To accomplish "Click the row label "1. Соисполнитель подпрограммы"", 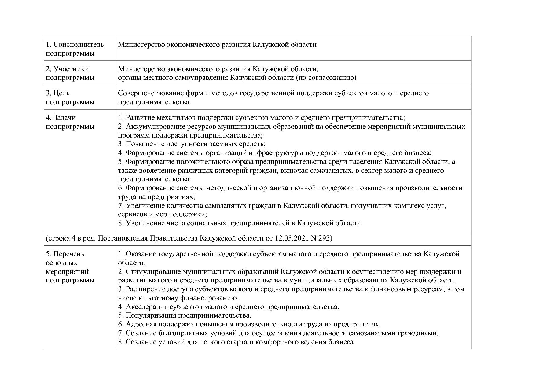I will [75, 49].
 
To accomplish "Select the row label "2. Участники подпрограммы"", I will [70, 73].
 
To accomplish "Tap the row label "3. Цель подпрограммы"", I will [70, 98].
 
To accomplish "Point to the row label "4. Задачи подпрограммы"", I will [70, 122].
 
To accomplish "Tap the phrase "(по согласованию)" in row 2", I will [326, 78].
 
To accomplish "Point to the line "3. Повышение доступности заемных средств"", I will [192, 144].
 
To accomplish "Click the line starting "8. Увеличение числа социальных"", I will [240, 223].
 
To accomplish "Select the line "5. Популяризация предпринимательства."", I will [185, 315].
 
